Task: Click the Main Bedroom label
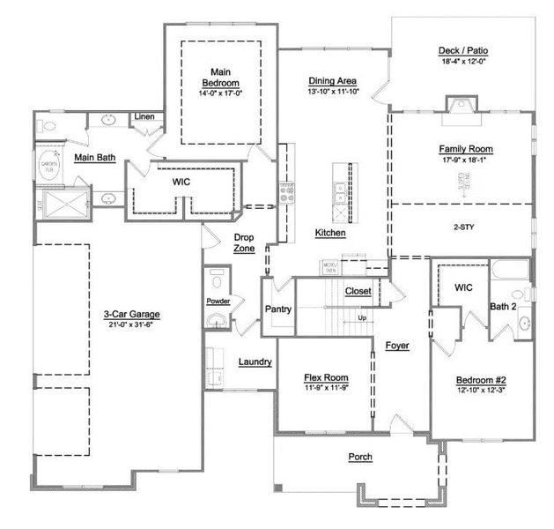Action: click(x=220, y=77)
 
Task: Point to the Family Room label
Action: click(x=466, y=149)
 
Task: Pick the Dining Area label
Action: click(x=332, y=81)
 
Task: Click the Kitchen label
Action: click(x=330, y=234)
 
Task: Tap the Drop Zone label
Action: click(x=244, y=242)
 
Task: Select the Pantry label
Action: click(x=278, y=309)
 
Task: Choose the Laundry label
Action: click(x=255, y=361)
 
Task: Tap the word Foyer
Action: click(x=397, y=346)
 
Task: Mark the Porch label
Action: click(x=359, y=457)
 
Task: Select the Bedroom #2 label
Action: click(x=480, y=379)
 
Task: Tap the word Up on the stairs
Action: click(x=361, y=317)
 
